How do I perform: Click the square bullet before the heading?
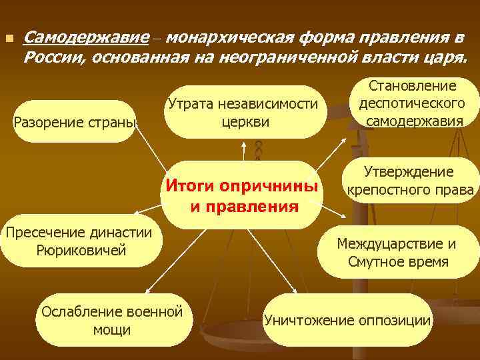(x=9, y=39)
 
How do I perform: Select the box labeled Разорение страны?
(x=75, y=121)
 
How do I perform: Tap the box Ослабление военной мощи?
(x=112, y=320)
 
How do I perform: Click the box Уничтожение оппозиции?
(x=347, y=320)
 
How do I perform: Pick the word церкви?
(x=243, y=123)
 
